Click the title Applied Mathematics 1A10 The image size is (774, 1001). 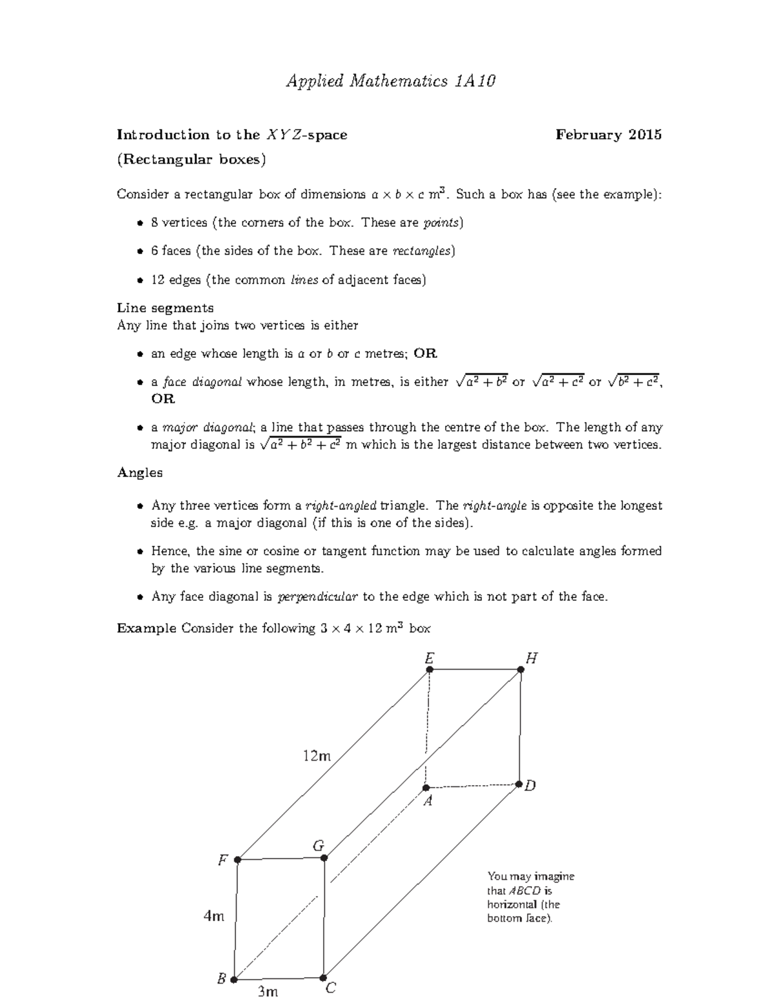point(391,81)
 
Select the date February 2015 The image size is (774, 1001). point(608,135)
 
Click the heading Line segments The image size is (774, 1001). point(165,308)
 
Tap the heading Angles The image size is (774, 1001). point(139,472)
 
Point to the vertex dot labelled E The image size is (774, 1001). point(430,670)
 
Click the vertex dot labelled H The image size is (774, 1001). point(521,670)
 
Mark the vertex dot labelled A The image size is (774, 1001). point(426,788)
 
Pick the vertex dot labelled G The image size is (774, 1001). point(324,858)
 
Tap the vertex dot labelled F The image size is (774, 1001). point(237,860)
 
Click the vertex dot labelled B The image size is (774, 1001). point(234,979)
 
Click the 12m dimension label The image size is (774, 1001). point(317,756)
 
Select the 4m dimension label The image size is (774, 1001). point(214,916)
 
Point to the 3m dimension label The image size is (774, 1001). point(268,991)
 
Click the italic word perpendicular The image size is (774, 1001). point(317,597)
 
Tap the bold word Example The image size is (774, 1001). point(146,628)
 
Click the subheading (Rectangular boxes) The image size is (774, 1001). point(191,159)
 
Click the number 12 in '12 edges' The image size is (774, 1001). point(157,280)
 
